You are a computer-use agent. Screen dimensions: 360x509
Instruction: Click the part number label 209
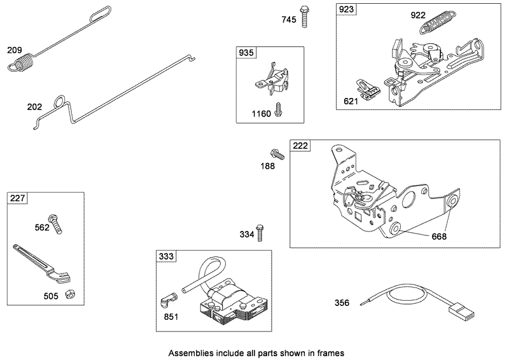coord(14,50)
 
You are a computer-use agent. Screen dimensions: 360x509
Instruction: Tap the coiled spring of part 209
coord(24,64)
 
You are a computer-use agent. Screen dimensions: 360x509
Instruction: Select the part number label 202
coord(34,107)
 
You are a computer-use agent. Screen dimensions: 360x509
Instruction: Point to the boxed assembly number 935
coord(246,53)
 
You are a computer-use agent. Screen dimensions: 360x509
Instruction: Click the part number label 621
coord(351,100)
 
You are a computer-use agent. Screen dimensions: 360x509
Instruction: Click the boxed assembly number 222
coord(300,146)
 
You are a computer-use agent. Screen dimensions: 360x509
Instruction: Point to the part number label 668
coord(439,237)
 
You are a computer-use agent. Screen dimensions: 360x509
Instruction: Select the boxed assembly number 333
coord(165,257)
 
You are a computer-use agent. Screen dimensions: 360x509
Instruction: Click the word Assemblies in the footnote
coord(190,352)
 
